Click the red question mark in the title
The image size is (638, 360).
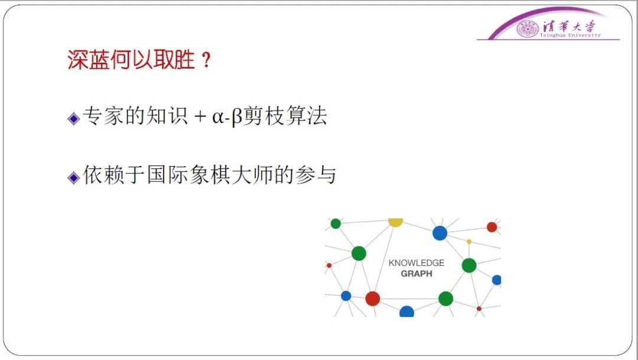pyautogui.click(x=206, y=60)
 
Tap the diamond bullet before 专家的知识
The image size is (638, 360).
pyautogui.click(x=74, y=118)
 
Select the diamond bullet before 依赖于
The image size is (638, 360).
pyautogui.click(x=74, y=177)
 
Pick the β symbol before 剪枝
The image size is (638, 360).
pyautogui.click(x=237, y=117)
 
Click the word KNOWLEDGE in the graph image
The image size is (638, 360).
pyautogui.click(x=416, y=263)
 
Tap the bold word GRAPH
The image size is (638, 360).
pyautogui.click(x=416, y=274)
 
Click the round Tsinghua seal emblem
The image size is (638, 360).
pyautogui.click(x=528, y=29)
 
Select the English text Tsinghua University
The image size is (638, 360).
pyautogui.click(x=570, y=35)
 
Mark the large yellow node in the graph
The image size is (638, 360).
pyautogui.click(x=395, y=222)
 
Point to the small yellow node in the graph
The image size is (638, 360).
pyautogui.click(x=469, y=242)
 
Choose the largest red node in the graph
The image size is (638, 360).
pyautogui.click(x=372, y=299)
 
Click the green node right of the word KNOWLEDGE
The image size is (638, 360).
pyautogui.click(x=469, y=265)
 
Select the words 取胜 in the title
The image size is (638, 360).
pyautogui.click(x=174, y=60)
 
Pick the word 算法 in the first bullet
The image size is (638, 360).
pyautogui.click(x=307, y=116)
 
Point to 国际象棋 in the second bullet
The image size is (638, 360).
pyautogui.click(x=189, y=175)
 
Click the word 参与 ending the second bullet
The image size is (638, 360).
pyautogui.click(x=315, y=175)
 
